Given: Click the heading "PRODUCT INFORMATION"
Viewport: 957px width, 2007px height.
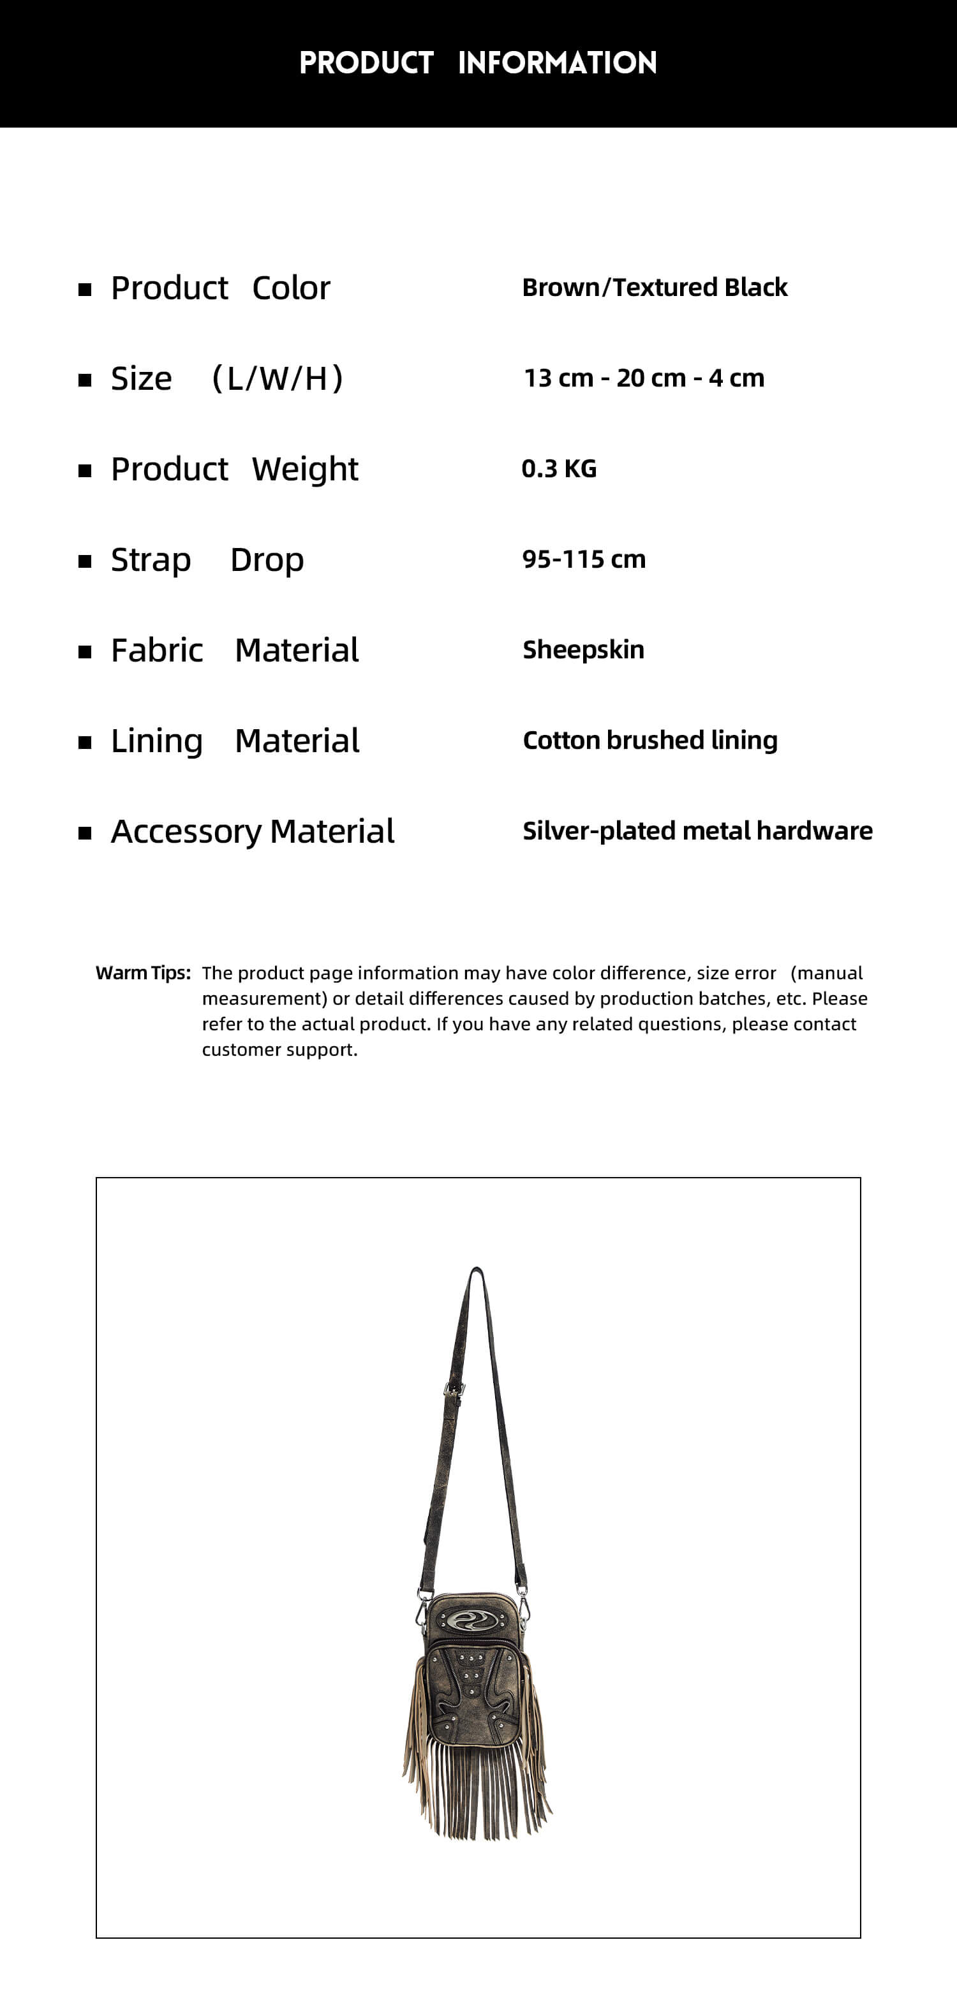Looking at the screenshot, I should [x=478, y=63].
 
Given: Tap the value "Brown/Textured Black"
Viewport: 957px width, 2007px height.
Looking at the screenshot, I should [x=655, y=288].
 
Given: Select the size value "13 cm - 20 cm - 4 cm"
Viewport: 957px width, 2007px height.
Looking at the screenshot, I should [x=644, y=379].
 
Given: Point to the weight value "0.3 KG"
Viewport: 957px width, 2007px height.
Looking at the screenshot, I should [x=559, y=469].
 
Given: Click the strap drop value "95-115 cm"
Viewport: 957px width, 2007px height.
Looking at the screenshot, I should [x=584, y=559].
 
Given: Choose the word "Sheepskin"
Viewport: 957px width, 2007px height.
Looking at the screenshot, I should [x=583, y=650].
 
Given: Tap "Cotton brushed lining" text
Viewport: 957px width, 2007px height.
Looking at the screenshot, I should [x=650, y=740].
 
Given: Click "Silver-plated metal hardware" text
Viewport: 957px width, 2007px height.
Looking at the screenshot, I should [x=697, y=831].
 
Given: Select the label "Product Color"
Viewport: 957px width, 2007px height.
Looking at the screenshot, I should [x=221, y=288].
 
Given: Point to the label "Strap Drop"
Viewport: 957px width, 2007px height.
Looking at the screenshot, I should [x=207, y=560].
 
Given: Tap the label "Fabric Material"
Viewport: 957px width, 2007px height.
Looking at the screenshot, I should [x=235, y=651].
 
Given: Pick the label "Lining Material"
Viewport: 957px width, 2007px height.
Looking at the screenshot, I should [x=235, y=741].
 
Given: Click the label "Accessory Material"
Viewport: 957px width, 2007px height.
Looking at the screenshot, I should [x=253, y=831].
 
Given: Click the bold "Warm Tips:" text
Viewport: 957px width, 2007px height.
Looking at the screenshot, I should [x=143, y=973].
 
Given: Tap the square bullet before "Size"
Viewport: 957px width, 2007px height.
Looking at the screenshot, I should [x=85, y=380].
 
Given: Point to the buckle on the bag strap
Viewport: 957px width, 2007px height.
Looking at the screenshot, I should [x=454, y=1389].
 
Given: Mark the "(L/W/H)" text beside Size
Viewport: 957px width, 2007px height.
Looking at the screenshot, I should [x=278, y=379].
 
